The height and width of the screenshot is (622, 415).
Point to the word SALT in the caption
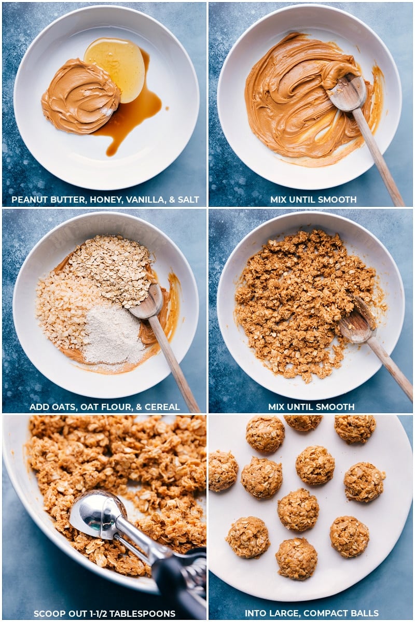pos(188,200)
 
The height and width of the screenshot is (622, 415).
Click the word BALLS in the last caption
pos(365,614)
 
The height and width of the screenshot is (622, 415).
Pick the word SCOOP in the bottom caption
pos(48,614)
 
